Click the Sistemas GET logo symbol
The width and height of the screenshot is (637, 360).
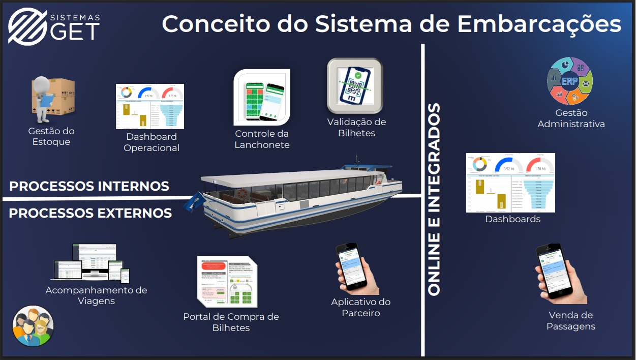pos(26,26)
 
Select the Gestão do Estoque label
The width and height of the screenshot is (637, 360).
pos(51,136)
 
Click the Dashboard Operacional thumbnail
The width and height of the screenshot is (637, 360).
pos(150,106)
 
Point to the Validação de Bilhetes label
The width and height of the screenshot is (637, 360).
pos(356,128)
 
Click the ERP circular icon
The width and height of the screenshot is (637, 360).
pos(570,81)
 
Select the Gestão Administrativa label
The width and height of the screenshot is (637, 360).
pos(571,118)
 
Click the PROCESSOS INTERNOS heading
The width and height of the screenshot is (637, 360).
pos(89,186)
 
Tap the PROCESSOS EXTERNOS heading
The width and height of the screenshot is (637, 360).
pos(90,213)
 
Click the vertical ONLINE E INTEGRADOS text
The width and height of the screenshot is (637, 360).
pos(434,199)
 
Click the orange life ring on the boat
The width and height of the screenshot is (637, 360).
pos(242,193)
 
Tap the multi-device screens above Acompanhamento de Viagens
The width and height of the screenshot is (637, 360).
pos(90,263)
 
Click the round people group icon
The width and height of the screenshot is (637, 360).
pos(33,326)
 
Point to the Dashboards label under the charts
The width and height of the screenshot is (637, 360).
pos(512,219)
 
